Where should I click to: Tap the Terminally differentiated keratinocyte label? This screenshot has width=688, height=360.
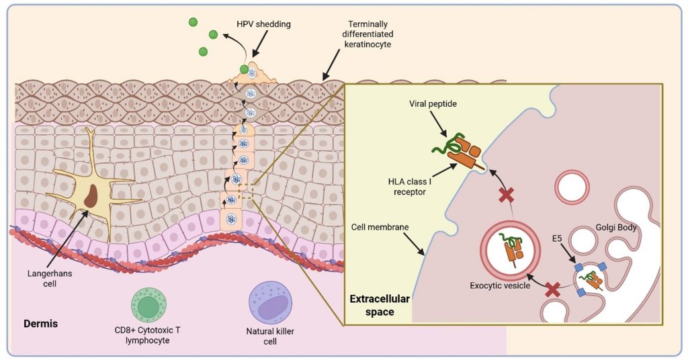pyautogui.click(x=365, y=34)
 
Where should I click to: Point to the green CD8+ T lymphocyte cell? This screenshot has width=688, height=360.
pyautogui.click(x=149, y=304)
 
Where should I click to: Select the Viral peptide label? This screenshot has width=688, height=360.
pyautogui.click(x=431, y=105)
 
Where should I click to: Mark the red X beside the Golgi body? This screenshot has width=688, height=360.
pyautogui.click(x=553, y=289)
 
